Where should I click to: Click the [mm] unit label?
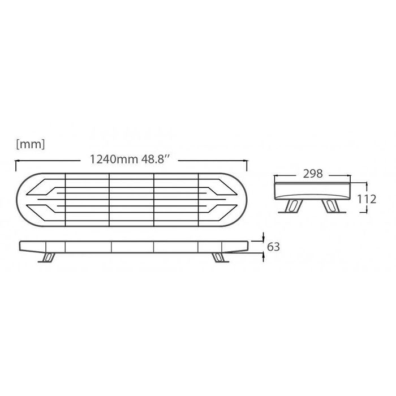tap(31, 144)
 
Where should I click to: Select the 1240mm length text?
tap(114, 160)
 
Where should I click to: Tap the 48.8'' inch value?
tap(155, 160)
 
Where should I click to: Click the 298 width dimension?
tap(313, 174)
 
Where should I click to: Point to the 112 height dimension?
tap(367, 199)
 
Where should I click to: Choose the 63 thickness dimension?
tap(273, 247)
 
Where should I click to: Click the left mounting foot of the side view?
tap(47, 257)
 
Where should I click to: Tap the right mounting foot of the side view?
tap(219, 257)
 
